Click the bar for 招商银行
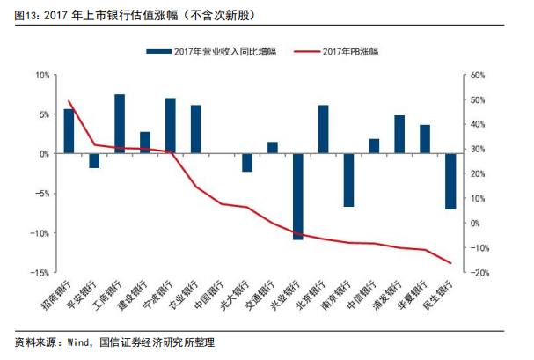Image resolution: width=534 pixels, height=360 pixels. (x=69, y=131)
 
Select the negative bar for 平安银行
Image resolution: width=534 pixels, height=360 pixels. (x=94, y=160)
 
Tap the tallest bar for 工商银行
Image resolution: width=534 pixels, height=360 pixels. (x=120, y=124)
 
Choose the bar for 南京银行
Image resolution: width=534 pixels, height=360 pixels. (x=348, y=180)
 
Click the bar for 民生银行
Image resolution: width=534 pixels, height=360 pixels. (x=450, y=181)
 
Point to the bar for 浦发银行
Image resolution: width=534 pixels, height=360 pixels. (x=399, y=135)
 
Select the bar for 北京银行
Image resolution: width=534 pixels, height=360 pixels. (x=324, y=129)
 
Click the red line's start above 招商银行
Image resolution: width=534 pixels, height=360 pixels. (x=69, y=101)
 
